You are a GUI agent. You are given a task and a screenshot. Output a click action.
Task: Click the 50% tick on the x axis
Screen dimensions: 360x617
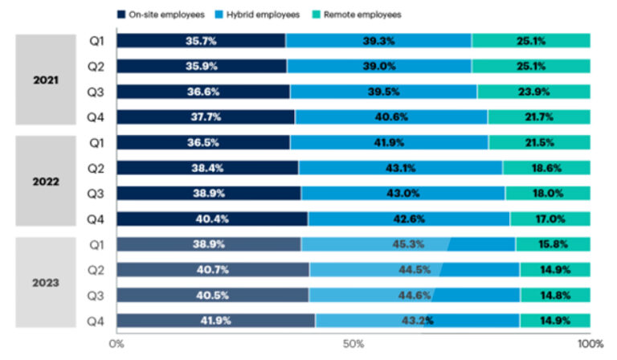coord(353,344)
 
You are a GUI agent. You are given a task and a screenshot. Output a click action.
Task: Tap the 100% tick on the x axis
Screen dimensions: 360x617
coord(590,344)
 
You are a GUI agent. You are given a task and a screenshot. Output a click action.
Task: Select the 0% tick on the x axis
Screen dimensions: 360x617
coord(116,344)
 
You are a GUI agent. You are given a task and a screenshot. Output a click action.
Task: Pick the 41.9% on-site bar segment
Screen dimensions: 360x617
coord(215,321)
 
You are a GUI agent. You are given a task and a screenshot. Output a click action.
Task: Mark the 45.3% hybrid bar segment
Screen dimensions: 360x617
coord(408,243)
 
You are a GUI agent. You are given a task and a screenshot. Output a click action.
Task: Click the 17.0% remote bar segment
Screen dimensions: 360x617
coord(550,219)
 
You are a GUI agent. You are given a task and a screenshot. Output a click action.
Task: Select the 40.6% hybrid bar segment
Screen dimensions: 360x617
coord(390,117)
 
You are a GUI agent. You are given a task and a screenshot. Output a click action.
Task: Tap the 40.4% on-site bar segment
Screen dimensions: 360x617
coord(212,219)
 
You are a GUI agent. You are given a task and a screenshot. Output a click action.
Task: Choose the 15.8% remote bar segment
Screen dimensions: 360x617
coord(553,243)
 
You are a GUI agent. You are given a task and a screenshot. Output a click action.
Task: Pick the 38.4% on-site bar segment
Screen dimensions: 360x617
coord(207,168)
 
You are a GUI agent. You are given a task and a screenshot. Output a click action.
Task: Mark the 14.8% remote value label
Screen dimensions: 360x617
coord(556,295)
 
